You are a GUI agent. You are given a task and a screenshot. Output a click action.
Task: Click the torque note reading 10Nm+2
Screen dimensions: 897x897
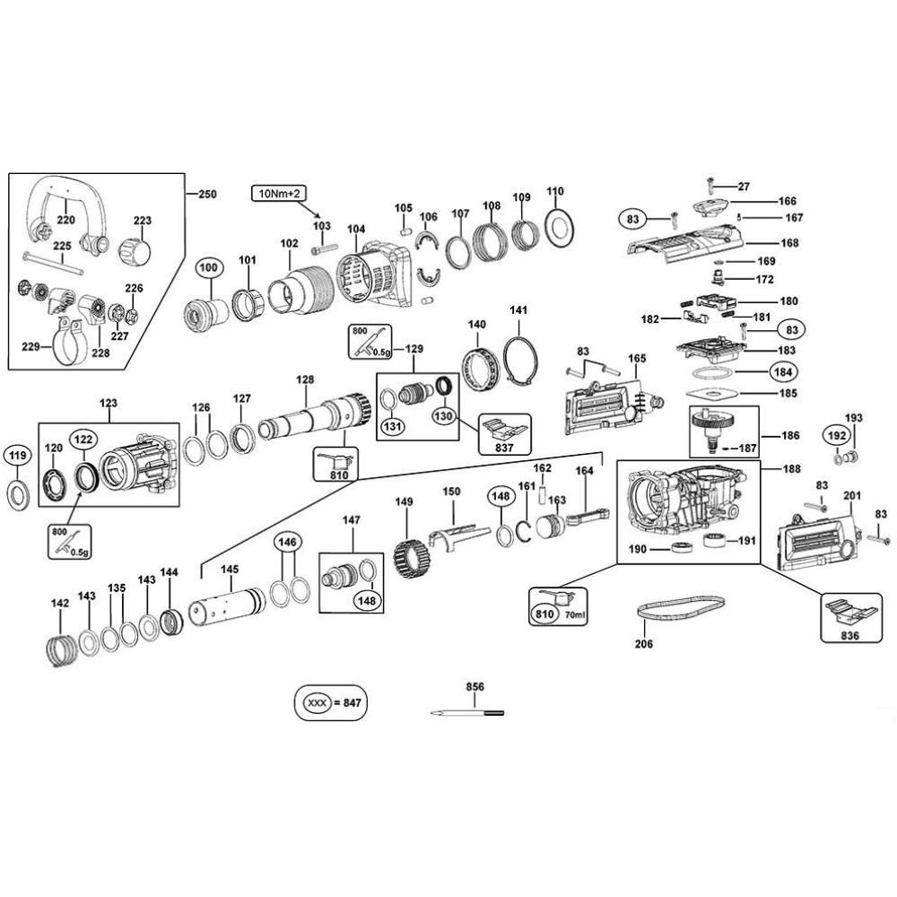coord(282,194)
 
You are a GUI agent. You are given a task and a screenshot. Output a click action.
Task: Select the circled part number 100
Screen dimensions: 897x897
coord(208,268)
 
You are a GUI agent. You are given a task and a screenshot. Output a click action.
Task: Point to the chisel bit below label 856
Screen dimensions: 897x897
coord(466,713)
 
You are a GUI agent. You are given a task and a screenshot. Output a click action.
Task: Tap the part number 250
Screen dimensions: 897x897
coord(207,195)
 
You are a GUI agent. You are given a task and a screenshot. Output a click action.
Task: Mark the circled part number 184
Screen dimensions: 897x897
coord(775,370)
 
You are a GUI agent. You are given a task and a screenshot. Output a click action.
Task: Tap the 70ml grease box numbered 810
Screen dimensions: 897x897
coord(557,605)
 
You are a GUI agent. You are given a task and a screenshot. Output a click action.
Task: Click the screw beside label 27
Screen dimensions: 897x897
coord(710,185)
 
